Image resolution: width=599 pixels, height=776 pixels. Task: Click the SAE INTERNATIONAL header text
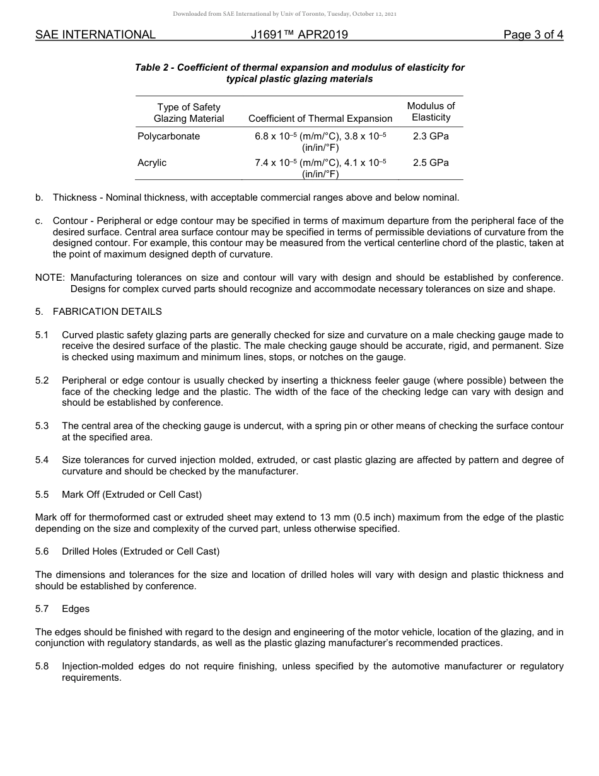95,35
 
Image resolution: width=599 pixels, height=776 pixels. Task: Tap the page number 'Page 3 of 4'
533,35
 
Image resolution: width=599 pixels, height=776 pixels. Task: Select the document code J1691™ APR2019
299,35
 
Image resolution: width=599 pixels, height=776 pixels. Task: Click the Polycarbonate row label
168,136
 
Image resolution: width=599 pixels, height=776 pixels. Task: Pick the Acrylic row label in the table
152,163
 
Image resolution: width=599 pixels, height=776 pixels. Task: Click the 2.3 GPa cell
431,136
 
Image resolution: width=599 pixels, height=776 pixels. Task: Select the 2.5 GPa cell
431,163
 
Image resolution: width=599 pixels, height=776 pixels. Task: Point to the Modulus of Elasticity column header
431,112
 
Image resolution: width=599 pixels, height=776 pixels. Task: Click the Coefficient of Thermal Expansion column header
320,119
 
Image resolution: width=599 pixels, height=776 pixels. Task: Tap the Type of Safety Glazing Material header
189,113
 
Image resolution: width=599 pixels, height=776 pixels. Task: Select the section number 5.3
42,426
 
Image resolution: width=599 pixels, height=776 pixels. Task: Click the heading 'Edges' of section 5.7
76,609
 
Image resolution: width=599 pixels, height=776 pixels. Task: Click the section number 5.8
42,666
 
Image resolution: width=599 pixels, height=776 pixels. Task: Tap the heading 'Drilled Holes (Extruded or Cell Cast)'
141,551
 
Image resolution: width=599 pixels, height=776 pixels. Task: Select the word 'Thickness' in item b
74,197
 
